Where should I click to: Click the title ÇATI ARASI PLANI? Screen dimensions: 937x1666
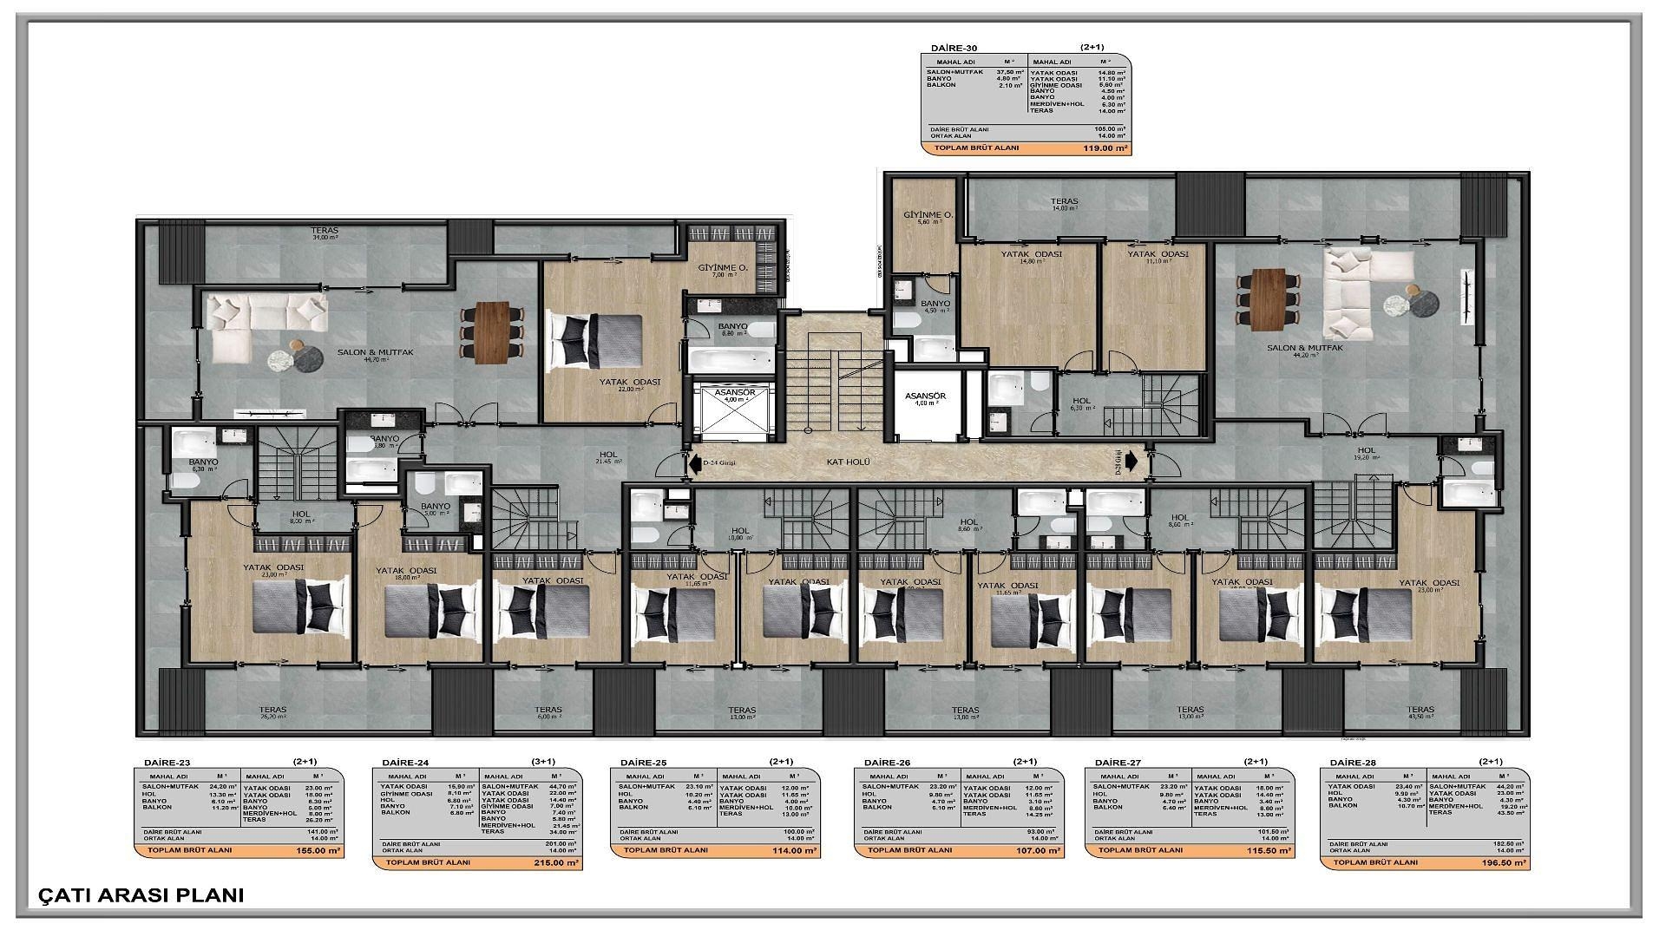point(141,895)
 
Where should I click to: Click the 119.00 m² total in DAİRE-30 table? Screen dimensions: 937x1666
point(1105,148)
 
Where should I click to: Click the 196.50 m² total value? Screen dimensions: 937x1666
point(1503,862)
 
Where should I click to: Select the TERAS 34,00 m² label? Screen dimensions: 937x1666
point(325,233)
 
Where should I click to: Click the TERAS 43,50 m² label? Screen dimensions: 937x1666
point(1420,712)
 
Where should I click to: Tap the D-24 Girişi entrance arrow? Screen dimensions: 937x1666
point(696,463)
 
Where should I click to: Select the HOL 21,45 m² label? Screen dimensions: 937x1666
point(608,456)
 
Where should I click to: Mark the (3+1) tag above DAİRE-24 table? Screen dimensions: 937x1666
point(543,762)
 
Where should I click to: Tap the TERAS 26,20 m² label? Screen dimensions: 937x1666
point(272,712)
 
